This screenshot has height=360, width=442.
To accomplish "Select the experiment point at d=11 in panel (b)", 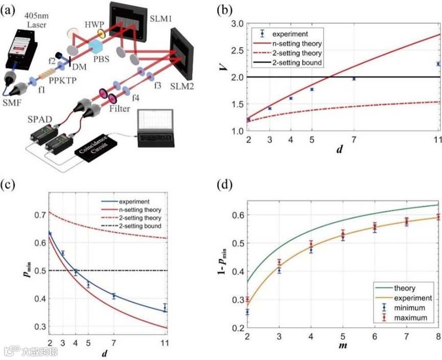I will click(x=438, y=63).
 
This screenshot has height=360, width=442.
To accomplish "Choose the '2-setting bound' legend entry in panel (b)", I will click(x=298, y=63).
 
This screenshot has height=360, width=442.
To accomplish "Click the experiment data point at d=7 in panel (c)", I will click(x=114, y=296).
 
